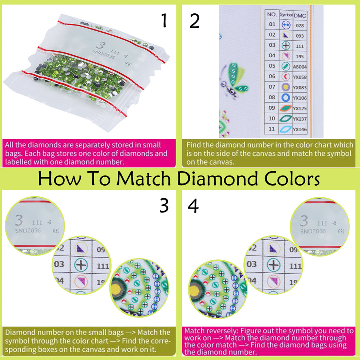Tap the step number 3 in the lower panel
pyautogui.click(x=164, y=206)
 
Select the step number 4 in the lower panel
pyautogui.click(x=193, y=206)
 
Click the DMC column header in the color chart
pyautogui.click(x=300, y=15)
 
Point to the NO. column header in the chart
pyautogui.click(x=272, y=15)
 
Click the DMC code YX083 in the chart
pyautogui.click(x=300, y=87)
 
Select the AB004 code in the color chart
pyautogui.click(x=300, y=67)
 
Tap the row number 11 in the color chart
pyautogui.click(x=272, y=129)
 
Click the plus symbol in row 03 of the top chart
pyautogui.click(x=286, y=46)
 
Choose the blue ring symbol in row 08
pyautogui.click(x=286, y=97)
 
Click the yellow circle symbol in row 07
pyautogui.click(x=286, y=87)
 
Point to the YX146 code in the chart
pyautogui.click(x=300, y=129)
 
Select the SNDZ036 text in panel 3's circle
pyautogui.click(x=27, y=231)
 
